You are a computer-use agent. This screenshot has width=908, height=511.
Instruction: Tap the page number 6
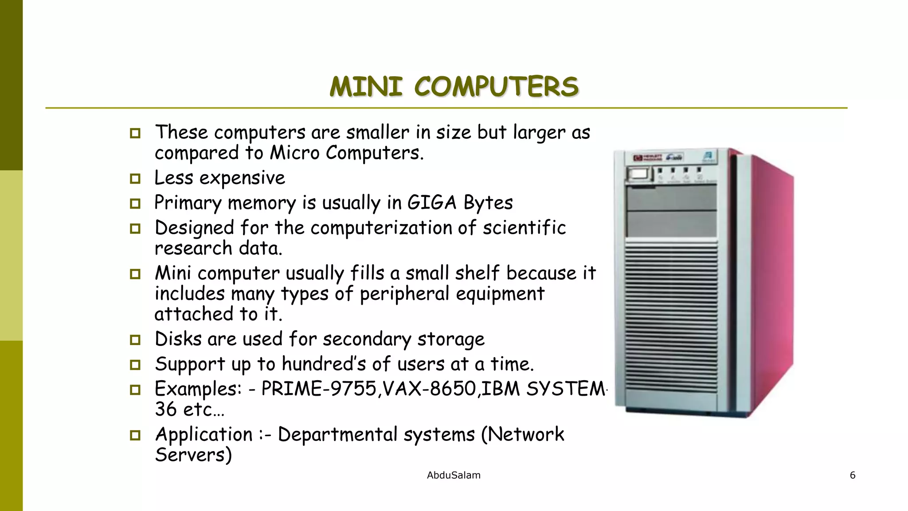852,476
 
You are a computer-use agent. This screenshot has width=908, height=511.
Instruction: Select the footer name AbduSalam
454,476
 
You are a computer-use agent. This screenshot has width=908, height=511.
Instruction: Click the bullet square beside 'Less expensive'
135,179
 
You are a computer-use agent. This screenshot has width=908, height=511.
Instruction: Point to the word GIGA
431,203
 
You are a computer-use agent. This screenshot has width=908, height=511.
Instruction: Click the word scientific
524,228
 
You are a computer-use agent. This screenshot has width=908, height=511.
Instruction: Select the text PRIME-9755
319,389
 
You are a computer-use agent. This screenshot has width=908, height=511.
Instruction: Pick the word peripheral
404,294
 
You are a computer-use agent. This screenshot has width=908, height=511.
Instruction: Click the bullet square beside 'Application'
135,435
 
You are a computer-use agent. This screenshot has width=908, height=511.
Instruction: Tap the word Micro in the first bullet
294,153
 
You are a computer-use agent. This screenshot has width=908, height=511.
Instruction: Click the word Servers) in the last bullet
193,455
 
